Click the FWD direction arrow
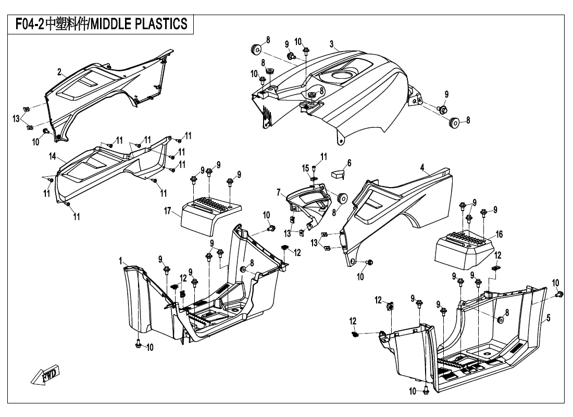pos(46,374)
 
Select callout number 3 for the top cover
pos(331,43)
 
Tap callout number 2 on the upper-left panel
pos(59,71)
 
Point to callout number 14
pos(53,156)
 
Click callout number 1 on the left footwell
pos(120,260)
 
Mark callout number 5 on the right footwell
pos(549,317)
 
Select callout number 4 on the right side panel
pos(423,167)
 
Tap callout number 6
pos(349,163)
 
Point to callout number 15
pos(306,168)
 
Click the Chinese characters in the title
pos(67,23)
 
